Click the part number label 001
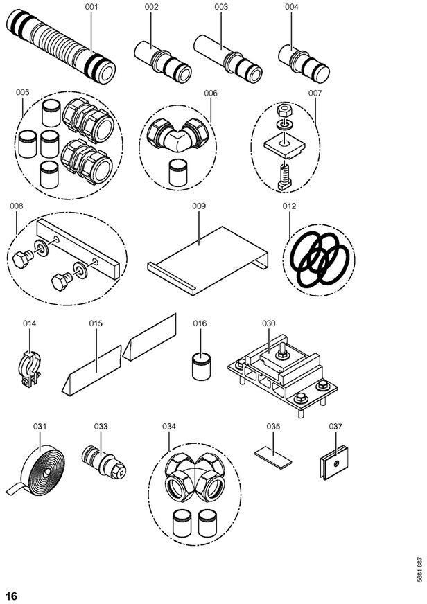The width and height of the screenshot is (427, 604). point(91,7)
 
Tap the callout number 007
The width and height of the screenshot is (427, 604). point(315,94)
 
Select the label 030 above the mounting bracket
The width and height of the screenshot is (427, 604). point(269,323)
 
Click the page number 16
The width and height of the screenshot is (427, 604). point(12,596)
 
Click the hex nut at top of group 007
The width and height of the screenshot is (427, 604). point(284,110)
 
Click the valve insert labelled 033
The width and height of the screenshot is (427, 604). point(104,462)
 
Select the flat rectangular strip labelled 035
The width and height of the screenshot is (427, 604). point(273,457)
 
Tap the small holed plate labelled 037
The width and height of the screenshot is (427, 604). point(334,462)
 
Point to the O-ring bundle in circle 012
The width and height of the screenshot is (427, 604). point(320,260)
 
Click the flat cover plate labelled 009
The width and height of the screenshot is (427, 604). point(208,260)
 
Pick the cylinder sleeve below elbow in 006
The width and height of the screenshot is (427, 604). point(178,172)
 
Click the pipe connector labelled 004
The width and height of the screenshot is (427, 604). point(304,64)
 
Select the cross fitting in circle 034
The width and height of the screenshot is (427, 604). point(195,477)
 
